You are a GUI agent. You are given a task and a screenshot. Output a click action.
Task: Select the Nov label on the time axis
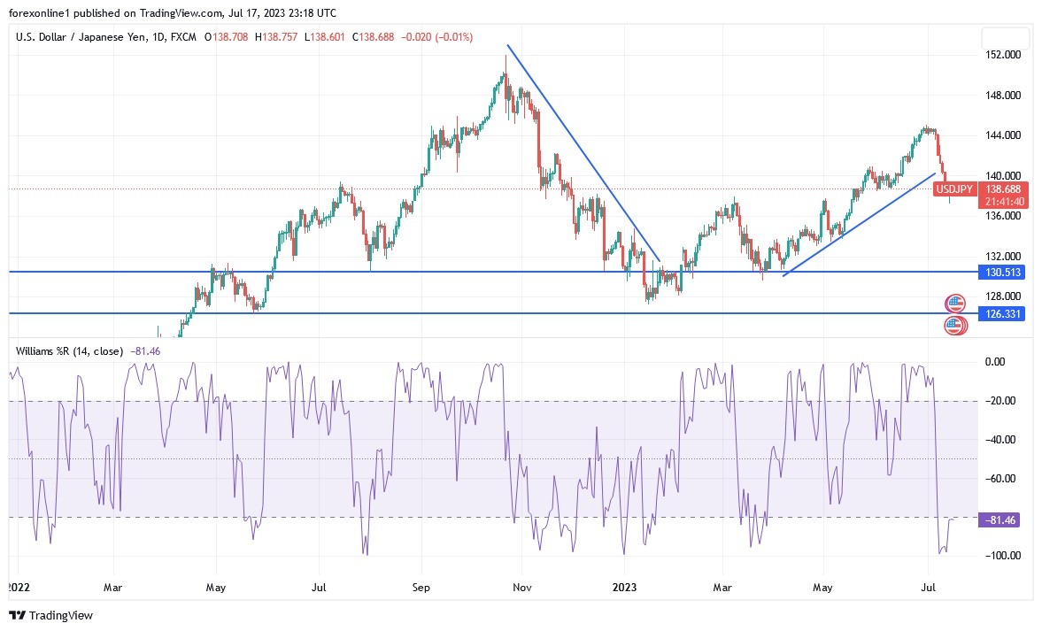pos(522,587)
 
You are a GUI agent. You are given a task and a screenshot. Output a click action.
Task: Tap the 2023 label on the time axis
pos(624,587)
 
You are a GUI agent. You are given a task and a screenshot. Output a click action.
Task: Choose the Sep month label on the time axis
pos(421,587)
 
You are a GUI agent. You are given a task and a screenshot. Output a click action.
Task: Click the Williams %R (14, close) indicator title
pos(69,351)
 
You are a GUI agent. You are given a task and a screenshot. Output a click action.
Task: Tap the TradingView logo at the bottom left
pos(50,615)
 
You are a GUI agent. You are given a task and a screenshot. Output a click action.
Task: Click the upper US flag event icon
pos(954,304)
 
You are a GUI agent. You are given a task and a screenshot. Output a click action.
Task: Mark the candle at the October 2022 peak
pos(506,75)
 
